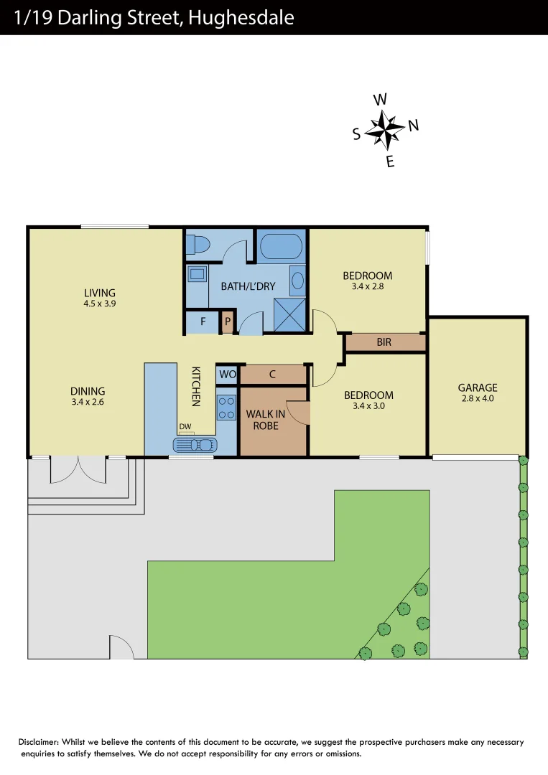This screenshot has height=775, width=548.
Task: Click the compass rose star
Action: [x=385, y=131]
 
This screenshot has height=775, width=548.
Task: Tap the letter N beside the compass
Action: [x=413, y=126]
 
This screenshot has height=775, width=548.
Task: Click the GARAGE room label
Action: [x=478, y=387]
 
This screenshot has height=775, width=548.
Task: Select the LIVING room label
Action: [x=100, y=293]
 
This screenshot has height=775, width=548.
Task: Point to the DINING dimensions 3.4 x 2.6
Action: [x=88, y=402]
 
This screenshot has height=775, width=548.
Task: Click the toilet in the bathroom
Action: [x=196, y=245]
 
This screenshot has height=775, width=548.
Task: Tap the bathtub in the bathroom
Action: [x=280, y=246]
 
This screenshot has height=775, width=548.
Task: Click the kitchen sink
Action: [x=194, y=445]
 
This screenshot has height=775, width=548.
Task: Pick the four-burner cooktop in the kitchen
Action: [x=227, y=408]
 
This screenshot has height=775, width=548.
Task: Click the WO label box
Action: [x=227, y=374]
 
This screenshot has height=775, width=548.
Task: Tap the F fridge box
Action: [x=203, y=321]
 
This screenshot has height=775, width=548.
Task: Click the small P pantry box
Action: [x=228, y=321]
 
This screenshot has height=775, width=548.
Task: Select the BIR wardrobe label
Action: [x=384, y=342]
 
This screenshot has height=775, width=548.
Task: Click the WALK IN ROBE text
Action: [x=265, y=420]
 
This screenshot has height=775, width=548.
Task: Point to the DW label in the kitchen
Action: [x=185, y=427]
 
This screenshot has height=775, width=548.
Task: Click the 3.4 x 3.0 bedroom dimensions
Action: [x=368, y=406]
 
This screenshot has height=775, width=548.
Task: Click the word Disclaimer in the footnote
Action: [x=38, y=742]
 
